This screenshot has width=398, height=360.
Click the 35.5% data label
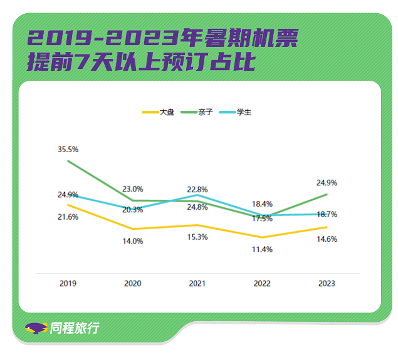coord(68,150)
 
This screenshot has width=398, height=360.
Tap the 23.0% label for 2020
coord(133,188)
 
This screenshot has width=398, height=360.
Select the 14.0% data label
coord(133,241)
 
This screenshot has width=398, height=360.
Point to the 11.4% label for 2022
coord(262,249)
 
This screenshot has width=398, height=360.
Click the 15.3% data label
coord(197,237)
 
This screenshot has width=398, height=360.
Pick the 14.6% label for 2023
coord(327,239)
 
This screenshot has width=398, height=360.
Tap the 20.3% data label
coord(133,210)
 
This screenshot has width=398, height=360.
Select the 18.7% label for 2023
coord(327,214)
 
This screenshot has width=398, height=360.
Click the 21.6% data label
coord(68,217)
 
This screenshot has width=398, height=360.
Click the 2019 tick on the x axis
coord(68,284)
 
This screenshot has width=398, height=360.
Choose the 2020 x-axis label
coord(133,284)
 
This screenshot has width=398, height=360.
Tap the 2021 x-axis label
coord(197,284)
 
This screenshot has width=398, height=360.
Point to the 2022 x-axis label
coord(262,284)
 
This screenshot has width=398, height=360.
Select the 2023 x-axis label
coord(327,284)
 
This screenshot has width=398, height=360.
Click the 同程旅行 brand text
coord(74,328)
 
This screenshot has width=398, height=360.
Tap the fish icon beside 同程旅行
coord(36,328)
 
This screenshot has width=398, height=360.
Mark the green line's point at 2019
coord(68,161)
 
